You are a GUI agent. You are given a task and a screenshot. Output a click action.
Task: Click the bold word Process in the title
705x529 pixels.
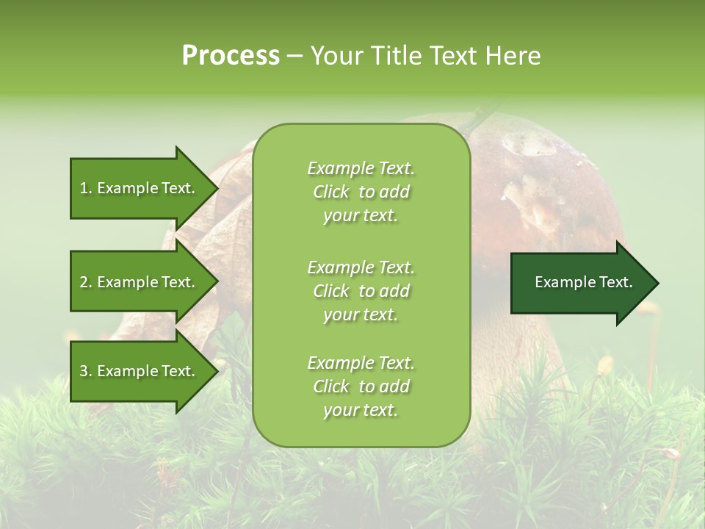point(231,55)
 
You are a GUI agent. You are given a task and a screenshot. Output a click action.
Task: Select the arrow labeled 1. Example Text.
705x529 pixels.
point(140,188)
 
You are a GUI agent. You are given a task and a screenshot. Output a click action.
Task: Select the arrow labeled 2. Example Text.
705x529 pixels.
point(140,282)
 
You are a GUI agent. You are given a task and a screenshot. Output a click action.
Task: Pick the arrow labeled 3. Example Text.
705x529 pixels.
point(140,371)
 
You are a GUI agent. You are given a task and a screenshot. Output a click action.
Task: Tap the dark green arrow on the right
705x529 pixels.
point(580,283)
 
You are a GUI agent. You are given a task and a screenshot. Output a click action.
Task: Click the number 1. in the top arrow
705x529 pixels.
point(86,188)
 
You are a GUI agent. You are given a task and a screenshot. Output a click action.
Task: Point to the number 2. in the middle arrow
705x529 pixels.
point(86,282)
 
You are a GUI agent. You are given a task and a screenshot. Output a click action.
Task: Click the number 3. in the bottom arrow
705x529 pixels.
point(86,371)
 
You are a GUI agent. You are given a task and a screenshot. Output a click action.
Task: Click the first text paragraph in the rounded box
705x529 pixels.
point(361,192)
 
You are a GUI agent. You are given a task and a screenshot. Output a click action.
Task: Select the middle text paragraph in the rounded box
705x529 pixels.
point(361,291)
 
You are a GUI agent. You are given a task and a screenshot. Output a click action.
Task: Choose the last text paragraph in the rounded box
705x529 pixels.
point(361,386)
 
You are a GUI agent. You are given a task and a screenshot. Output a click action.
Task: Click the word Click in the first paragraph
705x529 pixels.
point(331,192)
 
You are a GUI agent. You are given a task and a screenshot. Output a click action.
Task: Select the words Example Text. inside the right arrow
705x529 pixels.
point(583,282)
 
